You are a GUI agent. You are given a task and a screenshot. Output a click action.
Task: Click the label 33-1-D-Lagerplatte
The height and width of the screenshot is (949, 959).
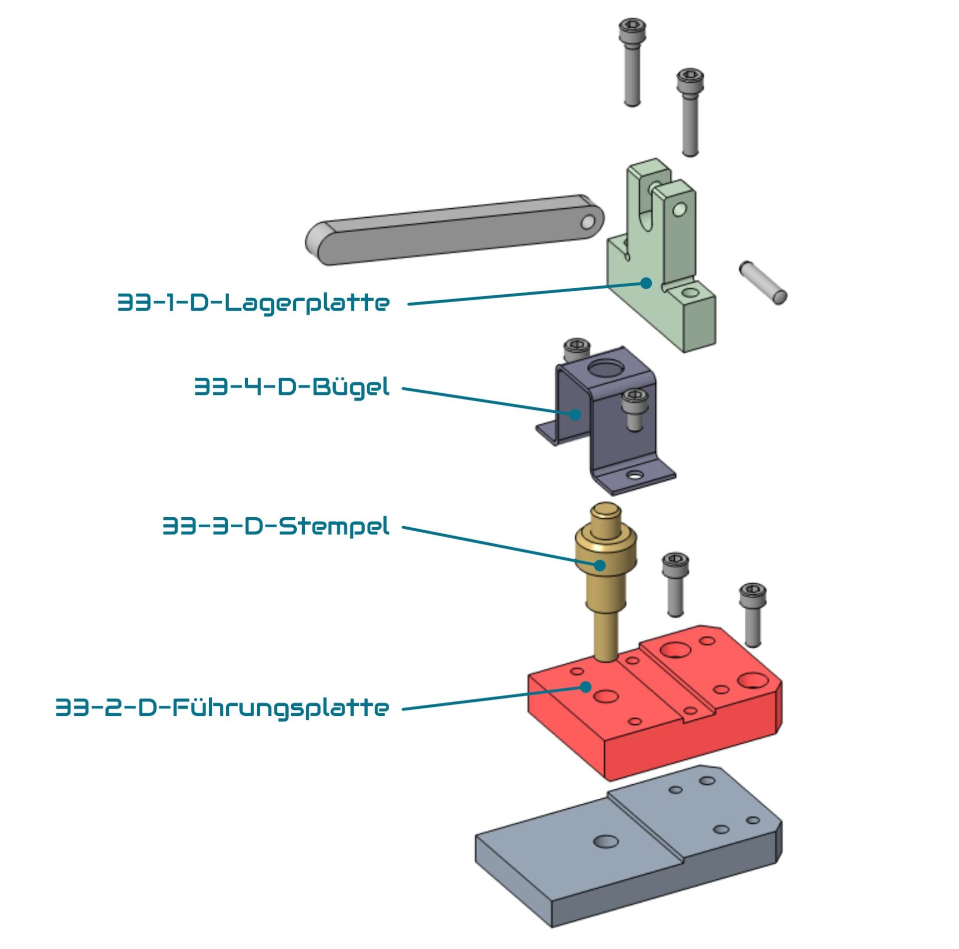253,303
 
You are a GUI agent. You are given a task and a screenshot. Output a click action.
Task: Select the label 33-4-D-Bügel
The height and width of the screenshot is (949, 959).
292,387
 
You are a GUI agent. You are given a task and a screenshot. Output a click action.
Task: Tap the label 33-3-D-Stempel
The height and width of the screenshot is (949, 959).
276,527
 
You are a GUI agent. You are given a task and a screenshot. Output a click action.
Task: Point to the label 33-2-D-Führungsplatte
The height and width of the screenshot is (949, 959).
222,708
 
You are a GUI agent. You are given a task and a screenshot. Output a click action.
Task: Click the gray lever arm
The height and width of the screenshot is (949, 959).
455,229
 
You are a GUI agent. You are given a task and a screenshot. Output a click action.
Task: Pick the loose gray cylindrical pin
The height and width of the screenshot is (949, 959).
763,282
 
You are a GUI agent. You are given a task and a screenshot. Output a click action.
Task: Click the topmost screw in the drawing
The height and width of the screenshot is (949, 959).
632,62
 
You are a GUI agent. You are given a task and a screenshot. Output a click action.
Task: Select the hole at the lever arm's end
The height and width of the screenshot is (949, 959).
588,223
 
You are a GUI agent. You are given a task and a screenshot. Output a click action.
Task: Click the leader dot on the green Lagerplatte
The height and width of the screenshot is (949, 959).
646,283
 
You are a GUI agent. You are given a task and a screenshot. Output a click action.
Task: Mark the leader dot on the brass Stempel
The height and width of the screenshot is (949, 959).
600,565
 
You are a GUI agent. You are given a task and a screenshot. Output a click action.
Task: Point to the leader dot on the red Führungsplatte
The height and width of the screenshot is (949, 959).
586,687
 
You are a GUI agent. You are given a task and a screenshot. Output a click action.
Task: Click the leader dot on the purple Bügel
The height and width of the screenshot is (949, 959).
575,414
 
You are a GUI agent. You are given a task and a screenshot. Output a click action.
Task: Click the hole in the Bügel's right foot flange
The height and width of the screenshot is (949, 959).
635,475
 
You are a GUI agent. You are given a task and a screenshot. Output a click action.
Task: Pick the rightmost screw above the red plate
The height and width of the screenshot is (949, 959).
752,615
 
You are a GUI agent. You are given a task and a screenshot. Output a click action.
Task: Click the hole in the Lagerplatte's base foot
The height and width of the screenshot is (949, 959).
691,293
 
